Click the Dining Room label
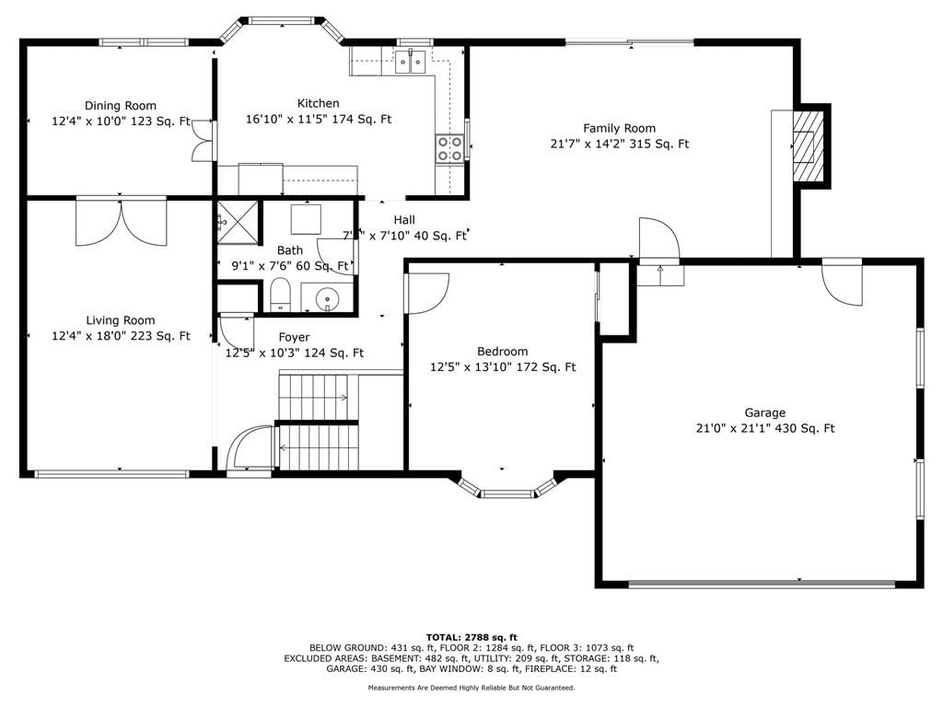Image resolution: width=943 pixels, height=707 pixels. pyautogui.click(x=121, y=106)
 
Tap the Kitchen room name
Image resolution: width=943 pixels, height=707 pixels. pyautogui.click(x=318, y=103)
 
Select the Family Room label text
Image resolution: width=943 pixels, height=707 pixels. pyautogui.click(x=620, y=128)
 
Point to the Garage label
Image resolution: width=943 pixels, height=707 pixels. pyautogui.click(x=765, y=413)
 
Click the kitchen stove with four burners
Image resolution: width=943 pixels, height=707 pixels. pyautogui.click(x=449, y=148)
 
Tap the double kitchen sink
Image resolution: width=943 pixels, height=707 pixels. pyautogui.click(x=411, y=62)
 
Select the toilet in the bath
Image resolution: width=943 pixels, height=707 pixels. pyautogui.click(x=280, y=295)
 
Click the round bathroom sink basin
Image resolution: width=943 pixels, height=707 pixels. pyautogui.click(x=327, y=297)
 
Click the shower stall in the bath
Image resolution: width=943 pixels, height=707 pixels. pyautogui.click(x=238, y=222)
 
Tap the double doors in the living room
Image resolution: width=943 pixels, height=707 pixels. pyautogui.click(x=121, y=222)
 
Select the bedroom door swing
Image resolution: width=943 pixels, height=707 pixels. pyautogui.click(x=427, y=294)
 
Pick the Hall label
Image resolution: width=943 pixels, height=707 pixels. pyautogui.click(x=404, y=220)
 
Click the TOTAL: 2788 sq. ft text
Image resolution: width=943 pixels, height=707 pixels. pyautogui.click(x=471, y=637)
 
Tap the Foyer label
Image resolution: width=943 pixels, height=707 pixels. pyautogui.click(x=294, y=337)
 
